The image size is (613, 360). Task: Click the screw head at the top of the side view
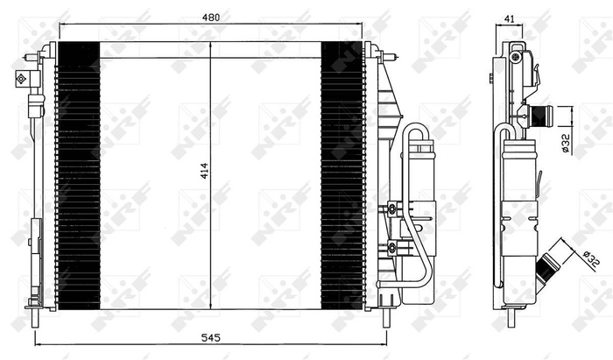click(515, 57)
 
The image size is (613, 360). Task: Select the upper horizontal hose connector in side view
click(541, 114)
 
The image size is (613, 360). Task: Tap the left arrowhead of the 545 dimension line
click(37, 343)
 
